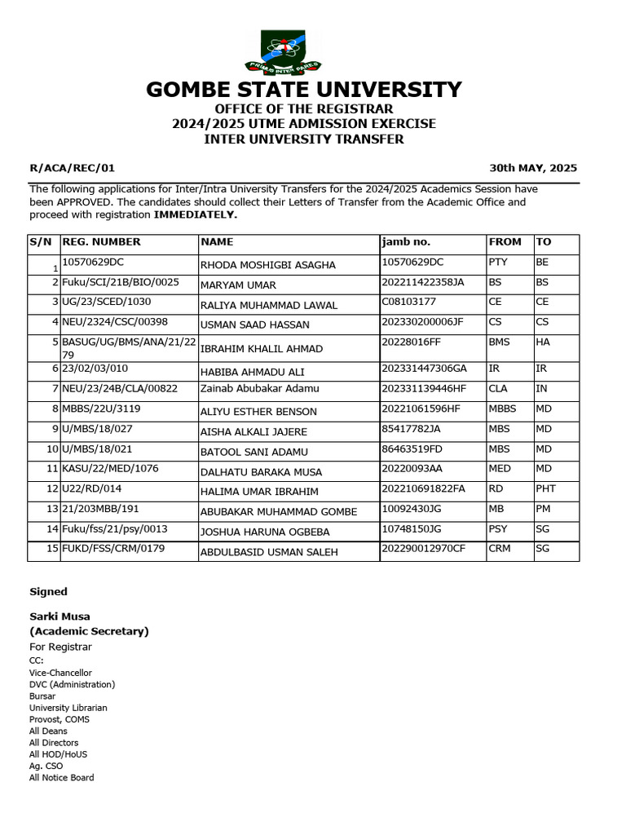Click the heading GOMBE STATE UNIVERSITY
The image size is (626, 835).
pyautogui.click(x=304, y=89)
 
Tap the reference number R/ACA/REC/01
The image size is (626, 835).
pyautogui.click(x=73, y=168)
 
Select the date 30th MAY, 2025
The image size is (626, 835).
pyautogui.click(x=533, y=168)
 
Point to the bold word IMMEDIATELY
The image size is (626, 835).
pyautogui.click(x=196, y=214)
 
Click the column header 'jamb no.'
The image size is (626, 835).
pyautogui.click(x=406, y=242)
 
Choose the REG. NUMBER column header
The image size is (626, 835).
pyautogui.click(x=102, y=242)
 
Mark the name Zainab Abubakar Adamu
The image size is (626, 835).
pyautogui.click(x=259, y=389)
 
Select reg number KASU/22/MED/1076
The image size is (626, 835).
pyautogui.click(x=111, y=468)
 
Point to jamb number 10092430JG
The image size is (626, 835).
pyautogui.click(x=412, y=508)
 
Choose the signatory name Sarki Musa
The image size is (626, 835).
pyautogui.click(x=60, y=617)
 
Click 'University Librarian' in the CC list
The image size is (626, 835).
pyautogui.click(x=68, y=708)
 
